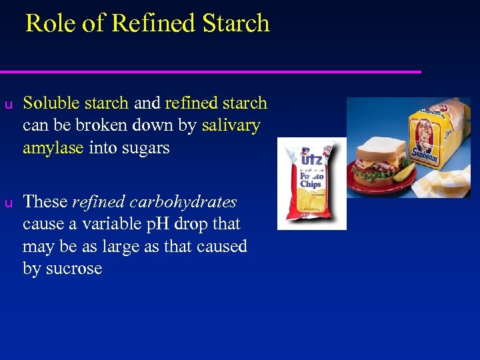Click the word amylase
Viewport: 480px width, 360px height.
[x=53, y=148]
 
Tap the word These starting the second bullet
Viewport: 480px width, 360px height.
[x=45, y=202]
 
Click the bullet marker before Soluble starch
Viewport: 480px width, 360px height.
[x=8, y=104]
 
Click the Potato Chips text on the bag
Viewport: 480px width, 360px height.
[x=310, y=179]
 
